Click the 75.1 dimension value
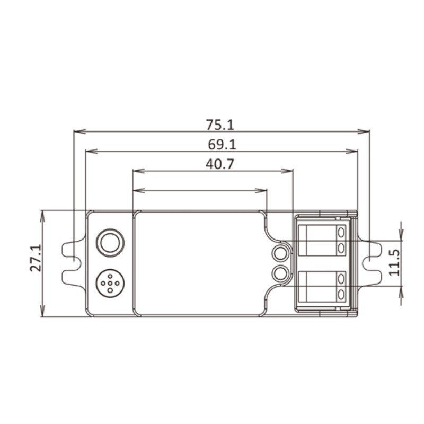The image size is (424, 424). point(219,125)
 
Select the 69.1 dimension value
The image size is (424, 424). point(222,144)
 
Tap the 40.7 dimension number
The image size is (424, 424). point(219,164)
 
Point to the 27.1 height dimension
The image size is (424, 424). point(36,258)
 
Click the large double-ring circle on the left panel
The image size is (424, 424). point(110,243)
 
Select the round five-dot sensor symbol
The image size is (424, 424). point(110,283)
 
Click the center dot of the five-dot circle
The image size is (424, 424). point(110,283)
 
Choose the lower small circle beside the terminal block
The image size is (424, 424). point(280,273)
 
